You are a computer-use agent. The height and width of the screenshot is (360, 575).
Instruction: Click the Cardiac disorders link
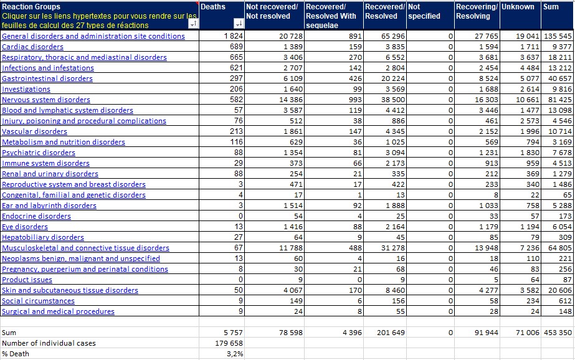[x=32, y=47]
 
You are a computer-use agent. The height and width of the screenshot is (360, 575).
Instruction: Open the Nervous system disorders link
[x=46, y=100]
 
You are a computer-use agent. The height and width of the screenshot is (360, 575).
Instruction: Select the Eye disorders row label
[x=24, y=227]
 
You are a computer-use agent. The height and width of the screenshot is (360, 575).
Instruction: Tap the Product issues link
[x=27, y=280]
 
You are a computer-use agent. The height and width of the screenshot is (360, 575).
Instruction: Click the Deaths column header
[x=213, y=7]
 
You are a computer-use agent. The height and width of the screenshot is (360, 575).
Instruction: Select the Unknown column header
[x=518, y=7]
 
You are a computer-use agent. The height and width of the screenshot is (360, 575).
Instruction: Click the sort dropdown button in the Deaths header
[x=239, y=24]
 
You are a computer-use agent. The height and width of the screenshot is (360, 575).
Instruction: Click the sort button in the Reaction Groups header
[x=193, y=24]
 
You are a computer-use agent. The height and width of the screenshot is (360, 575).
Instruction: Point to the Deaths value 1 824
[x=233, y=36]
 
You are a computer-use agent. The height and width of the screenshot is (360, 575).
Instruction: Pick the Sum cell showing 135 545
[x=558, y=36]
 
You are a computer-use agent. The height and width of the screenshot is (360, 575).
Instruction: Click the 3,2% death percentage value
[x=235, y=354]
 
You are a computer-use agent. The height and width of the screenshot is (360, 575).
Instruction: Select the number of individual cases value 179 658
[x=229, y=343]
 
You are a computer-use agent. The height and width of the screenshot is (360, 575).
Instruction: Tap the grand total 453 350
[x=558, y=333]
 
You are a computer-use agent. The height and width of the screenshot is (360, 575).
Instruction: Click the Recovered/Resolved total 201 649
[x=391, y=333]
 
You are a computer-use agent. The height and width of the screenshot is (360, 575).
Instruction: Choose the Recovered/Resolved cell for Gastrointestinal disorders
[x=392, y=78]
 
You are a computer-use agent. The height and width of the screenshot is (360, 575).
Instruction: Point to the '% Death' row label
[x=16, y=354]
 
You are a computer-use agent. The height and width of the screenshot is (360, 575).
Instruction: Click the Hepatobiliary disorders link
[x=43, y=237]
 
